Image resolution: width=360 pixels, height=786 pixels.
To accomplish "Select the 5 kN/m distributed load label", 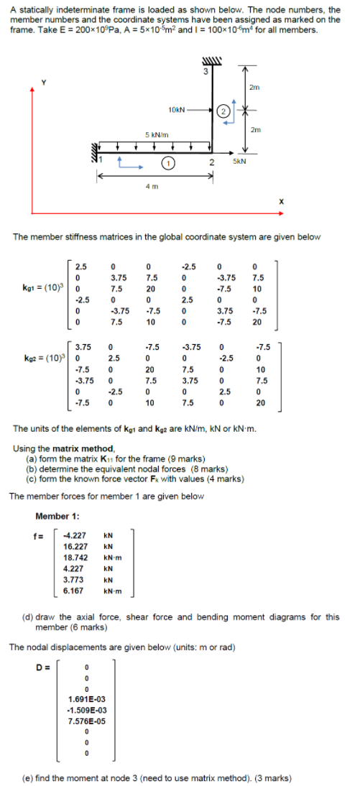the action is (157, 135).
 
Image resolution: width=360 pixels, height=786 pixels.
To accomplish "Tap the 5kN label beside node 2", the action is (240, 161).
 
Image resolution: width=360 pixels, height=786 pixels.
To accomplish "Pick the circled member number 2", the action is (223, 111).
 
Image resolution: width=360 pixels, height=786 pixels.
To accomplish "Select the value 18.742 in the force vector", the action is (75, 558).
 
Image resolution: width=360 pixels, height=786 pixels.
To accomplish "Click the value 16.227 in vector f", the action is (75, 546).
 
